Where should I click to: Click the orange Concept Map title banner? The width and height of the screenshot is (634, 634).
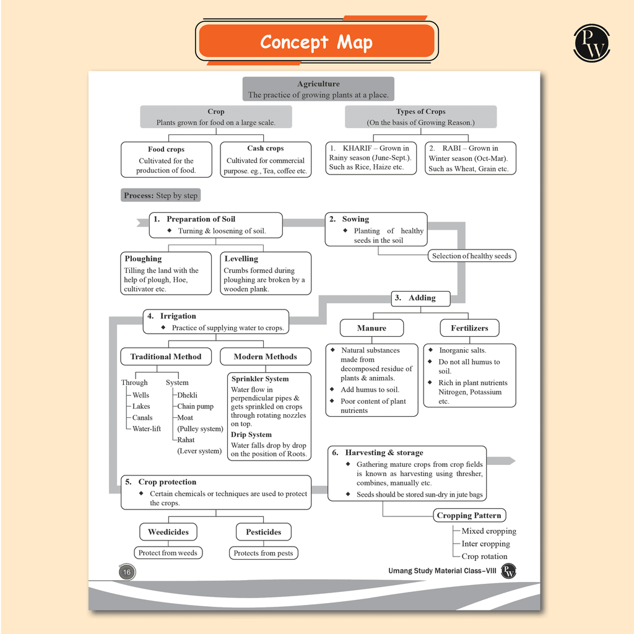click(316, 42)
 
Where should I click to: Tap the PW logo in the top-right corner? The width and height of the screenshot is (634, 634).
click(591, 43)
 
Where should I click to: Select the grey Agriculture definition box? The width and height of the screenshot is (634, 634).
click(318, 89)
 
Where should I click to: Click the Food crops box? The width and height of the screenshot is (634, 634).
click(166, 160)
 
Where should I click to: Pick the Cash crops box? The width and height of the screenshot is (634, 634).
click(266, 160)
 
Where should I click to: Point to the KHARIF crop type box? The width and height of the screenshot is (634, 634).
click(371, 158)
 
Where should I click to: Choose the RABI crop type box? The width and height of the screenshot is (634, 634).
click(470, 158)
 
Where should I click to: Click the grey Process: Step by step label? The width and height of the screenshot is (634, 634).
click(161, 196)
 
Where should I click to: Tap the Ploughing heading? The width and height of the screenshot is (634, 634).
click(143, 259)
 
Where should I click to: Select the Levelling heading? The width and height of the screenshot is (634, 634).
click(241, 259)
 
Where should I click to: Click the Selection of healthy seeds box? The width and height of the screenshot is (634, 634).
click(471, 256)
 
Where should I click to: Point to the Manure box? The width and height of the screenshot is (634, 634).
click(371, 328)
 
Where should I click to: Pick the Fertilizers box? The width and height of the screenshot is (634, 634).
click(469, 328)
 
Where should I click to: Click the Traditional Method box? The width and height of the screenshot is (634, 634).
click(165, 357)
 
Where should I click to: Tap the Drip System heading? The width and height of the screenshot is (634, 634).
click(251, 435)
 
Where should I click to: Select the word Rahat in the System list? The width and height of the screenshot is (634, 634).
click(186, 440)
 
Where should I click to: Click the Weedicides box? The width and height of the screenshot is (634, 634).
click(168, 532)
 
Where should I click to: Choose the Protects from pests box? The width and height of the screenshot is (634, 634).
click(263, 553)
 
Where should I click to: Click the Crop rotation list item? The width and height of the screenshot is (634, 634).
click(484, 556)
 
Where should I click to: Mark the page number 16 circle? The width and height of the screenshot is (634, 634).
click(126, 572)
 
